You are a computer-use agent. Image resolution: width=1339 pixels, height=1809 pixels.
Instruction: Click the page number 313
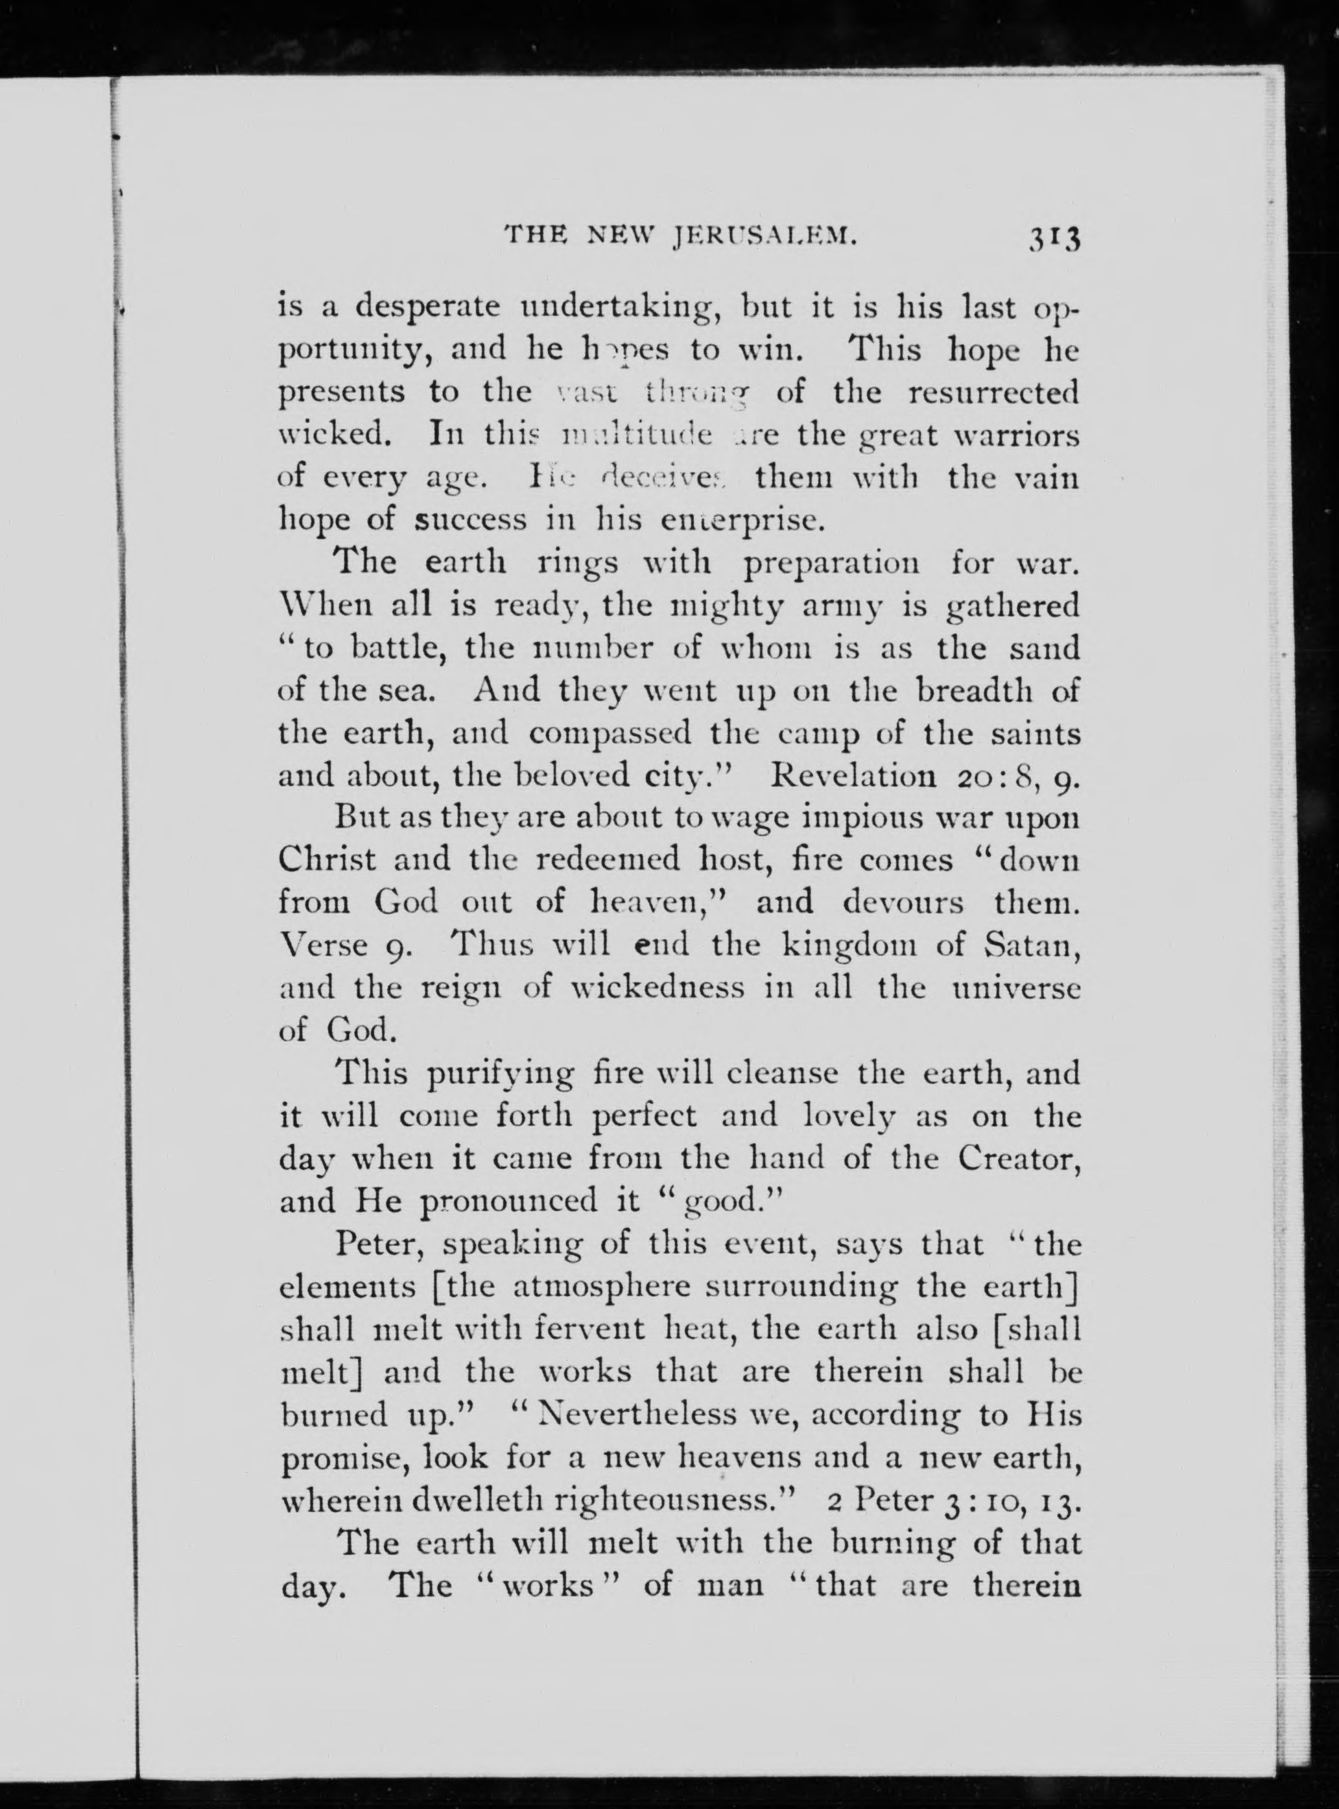tap(1054, 240)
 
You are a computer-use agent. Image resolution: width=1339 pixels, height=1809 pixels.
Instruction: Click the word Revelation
tap(855, 776)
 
